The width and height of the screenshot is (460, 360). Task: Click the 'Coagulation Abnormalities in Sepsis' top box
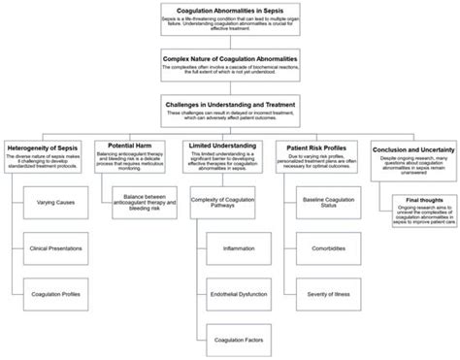[230, 17]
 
